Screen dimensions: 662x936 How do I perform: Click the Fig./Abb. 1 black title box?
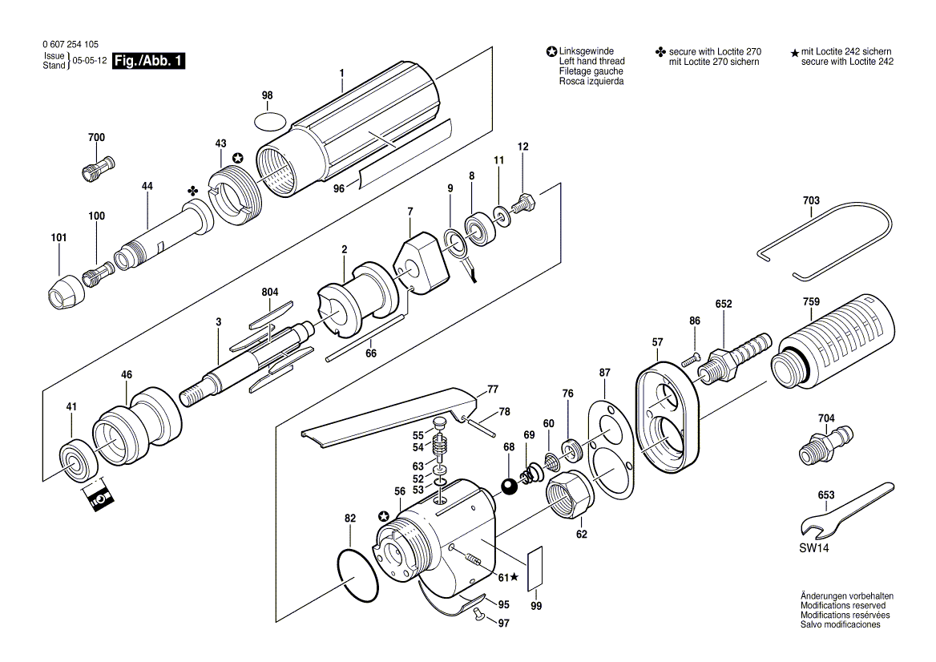coord(149,61)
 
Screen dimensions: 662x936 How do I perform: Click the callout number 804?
coord(269,293)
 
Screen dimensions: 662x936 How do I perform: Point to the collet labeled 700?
coord(97,169)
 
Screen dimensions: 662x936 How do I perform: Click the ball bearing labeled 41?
coord(78,462)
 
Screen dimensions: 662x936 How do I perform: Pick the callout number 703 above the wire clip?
coord(810,200)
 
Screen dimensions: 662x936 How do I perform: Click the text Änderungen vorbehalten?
coord(846,596)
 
